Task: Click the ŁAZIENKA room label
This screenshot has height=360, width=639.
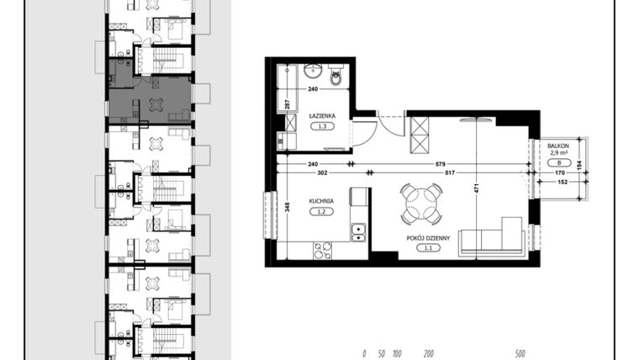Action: [322, 115]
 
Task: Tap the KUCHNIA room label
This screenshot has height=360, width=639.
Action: [321, 201]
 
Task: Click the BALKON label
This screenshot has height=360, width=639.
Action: [557, 145]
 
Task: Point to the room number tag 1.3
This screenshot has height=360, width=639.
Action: [322, 127]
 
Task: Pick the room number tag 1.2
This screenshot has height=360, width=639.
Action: [321, 213]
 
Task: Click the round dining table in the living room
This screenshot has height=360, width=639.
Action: [420, 203]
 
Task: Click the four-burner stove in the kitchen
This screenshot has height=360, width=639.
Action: [323, 250]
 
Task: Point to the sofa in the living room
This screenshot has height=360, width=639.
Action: [491, 239]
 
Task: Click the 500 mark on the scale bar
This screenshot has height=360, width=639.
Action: [520, 354]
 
